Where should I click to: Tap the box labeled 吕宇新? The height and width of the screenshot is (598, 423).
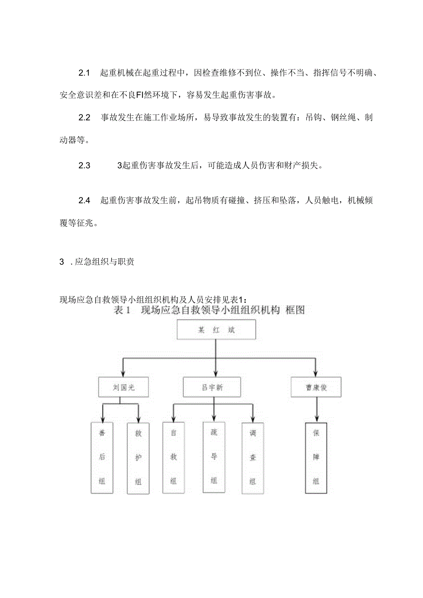click(213, 387)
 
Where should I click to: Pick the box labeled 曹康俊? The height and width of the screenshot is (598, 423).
click(316, 387)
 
